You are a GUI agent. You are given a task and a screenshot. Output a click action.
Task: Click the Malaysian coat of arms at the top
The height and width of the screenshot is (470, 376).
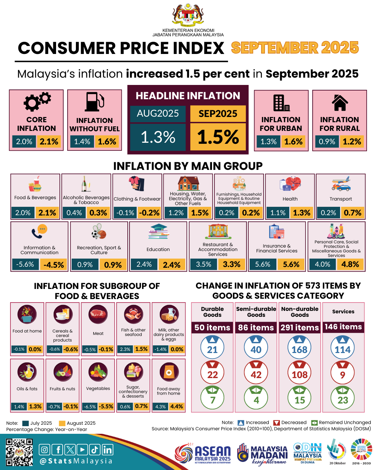188,16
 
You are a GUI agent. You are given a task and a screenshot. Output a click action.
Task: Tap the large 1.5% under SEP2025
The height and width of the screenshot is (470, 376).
218,137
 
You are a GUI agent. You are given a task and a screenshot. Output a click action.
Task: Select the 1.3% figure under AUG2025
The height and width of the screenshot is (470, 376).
158,137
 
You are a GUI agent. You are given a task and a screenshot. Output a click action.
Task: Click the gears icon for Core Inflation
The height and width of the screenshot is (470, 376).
37,101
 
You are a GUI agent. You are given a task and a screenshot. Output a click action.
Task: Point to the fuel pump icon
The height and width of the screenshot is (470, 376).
95,102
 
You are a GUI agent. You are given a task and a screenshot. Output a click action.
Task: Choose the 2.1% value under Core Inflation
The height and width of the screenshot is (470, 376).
49,142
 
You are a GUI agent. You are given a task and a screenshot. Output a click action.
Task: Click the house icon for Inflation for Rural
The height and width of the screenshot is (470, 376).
340,103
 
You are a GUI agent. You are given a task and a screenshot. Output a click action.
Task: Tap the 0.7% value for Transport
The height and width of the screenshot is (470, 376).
352,213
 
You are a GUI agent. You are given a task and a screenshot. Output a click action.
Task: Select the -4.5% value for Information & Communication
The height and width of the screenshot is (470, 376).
54,265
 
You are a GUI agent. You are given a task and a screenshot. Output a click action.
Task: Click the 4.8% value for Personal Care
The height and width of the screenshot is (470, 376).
350,264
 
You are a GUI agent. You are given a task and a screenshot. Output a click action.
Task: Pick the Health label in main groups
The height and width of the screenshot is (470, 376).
290,199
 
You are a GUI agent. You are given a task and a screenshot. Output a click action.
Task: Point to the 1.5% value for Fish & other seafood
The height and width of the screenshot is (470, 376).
141,349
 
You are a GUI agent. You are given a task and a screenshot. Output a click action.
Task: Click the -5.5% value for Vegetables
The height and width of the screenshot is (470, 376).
106,406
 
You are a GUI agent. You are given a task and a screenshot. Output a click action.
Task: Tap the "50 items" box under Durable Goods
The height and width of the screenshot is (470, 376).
212,328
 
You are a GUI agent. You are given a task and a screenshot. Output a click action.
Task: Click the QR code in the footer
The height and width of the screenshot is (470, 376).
19,452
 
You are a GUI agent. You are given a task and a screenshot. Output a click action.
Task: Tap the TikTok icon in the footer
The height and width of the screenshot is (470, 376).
95,450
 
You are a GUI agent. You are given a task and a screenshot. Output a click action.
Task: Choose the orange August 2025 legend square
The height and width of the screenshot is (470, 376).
62,423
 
